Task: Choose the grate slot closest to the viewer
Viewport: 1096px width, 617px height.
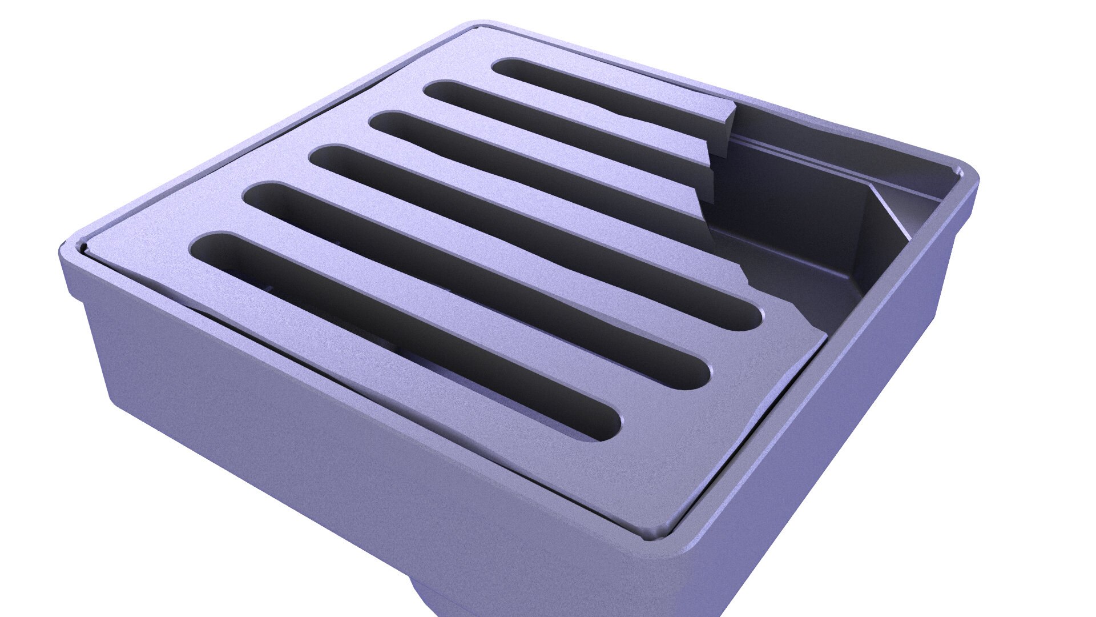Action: pyautogui.click(x=400, y=331)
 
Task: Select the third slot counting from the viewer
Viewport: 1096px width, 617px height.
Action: pyautogui.click(x=531, y=234)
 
